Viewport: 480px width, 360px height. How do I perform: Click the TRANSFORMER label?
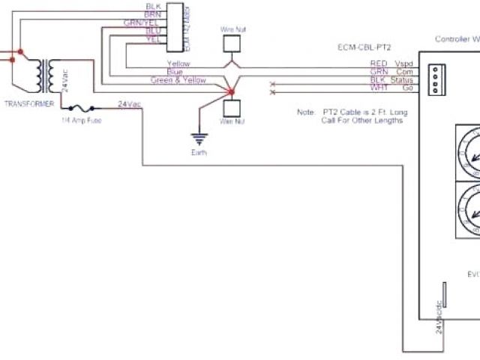click(x=28, y=103)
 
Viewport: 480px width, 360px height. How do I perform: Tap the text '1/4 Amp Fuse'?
click(x=82, y=120)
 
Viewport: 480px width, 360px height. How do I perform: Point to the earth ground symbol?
click(x=199, y=138)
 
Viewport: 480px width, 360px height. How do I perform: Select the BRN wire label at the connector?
click(x=153, y=14)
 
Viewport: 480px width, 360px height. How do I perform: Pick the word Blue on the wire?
click(x=175, y=72)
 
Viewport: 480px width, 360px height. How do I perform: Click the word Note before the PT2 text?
click(x=305, y=112)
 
